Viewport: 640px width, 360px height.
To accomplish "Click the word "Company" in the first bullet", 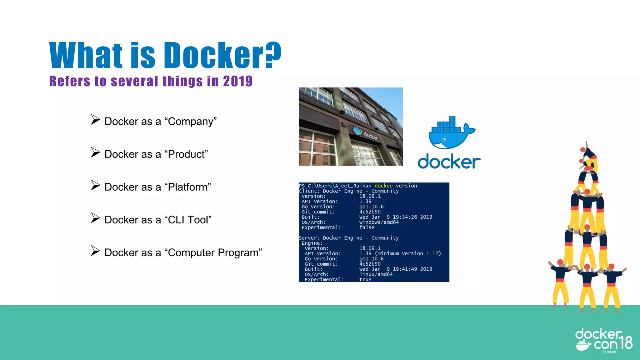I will coord(191,121).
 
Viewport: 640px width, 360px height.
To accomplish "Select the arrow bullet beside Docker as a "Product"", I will coord(95,152).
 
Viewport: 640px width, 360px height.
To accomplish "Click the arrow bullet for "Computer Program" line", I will coord(95,251).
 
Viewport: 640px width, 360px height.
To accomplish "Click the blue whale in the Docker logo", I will coord(450,134).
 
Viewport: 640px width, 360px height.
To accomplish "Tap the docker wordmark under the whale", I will coord(449,162).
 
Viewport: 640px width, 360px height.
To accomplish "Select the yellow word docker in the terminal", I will coord(383,186).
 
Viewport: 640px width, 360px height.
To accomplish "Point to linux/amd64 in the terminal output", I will coord(376,274).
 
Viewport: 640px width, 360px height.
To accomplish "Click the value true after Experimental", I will coord(365,279).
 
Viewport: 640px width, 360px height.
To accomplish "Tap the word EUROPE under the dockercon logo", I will coord(610,352).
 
